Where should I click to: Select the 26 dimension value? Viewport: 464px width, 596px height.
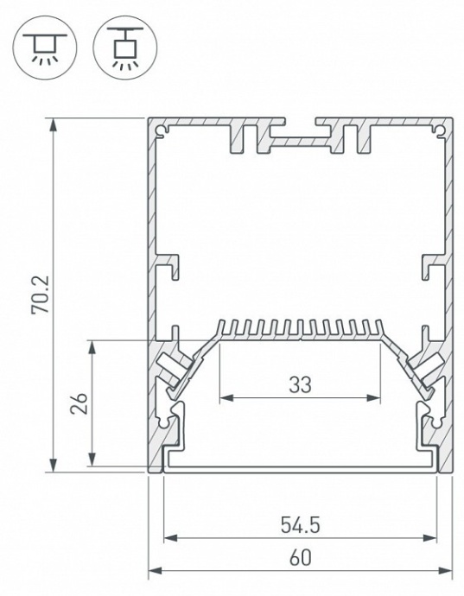79,404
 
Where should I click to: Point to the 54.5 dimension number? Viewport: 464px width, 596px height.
299,523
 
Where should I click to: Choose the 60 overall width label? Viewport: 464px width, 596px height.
299,557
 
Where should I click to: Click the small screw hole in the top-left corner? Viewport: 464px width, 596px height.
161,130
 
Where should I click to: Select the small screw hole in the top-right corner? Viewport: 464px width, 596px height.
439,130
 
